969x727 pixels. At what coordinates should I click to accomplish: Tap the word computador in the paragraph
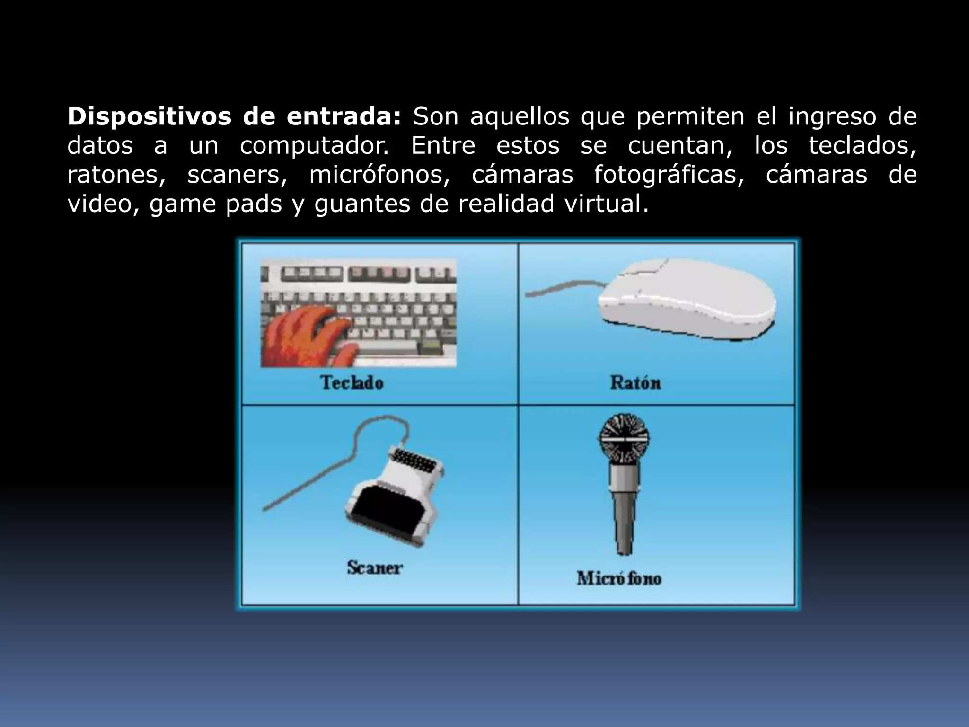(x=314, y=146)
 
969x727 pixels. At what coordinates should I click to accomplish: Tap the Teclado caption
(x=352, y=382)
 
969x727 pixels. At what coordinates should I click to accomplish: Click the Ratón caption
(x=635, y=382)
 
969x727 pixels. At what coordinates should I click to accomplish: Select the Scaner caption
(x=374, y=567)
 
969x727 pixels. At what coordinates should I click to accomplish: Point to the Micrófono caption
(x=618, y=578)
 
